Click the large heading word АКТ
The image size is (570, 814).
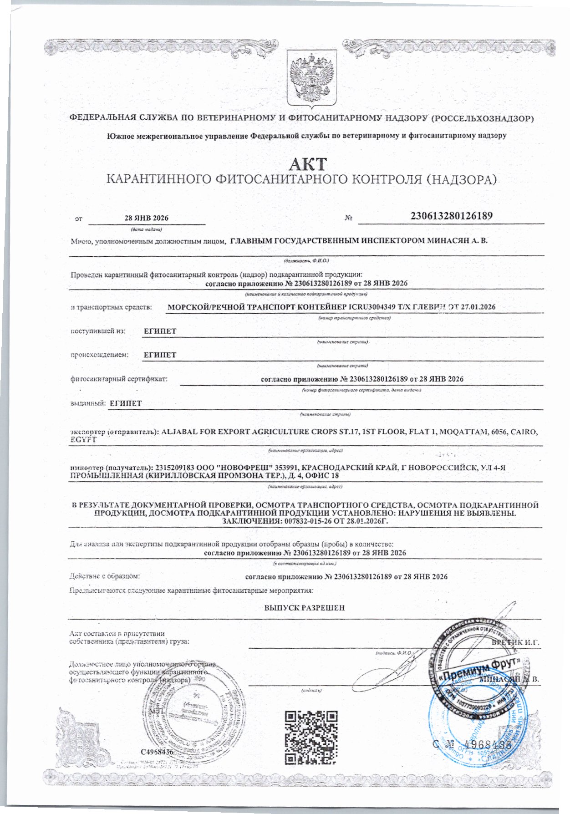point(308,163)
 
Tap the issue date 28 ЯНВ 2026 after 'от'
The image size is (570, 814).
point(146,219)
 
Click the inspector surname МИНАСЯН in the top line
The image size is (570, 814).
point(446,240)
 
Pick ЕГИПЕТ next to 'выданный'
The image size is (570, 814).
point(126,403)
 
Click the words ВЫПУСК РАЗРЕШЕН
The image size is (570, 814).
point(305,607)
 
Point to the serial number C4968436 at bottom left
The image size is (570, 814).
point(157,751)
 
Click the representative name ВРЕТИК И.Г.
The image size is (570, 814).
point(516,642)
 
